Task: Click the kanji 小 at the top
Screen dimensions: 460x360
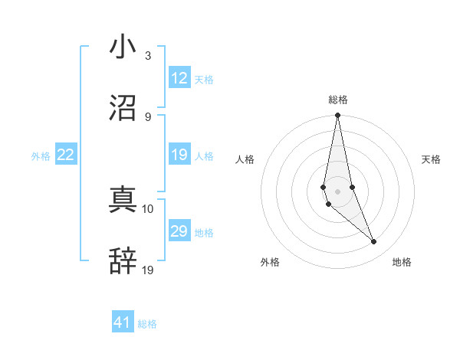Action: click(123, 47)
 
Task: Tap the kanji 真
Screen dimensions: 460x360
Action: click(123, 201)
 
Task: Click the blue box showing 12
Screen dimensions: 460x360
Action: click(179, 78)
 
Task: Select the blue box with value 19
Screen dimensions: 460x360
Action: click(179, 155)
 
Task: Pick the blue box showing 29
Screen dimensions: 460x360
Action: click(179, 232)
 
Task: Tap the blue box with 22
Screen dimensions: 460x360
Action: click(66, 155)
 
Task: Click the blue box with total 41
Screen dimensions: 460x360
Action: click(123, 322)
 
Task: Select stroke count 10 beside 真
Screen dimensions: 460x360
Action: click(149, 208)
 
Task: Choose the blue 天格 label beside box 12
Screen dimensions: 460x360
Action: click(204, 80)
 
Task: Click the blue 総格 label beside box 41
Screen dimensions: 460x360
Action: click(147, 324)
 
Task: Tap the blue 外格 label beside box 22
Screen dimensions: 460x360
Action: click(41, 156)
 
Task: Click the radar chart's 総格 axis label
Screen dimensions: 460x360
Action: click(338, 100)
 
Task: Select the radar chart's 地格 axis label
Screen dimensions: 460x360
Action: click(402, 263)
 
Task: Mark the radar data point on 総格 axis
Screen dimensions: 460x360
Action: click(338, 116)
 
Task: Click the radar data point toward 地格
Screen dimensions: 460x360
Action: click(374, 242)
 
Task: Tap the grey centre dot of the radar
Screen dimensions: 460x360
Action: click(338, 191)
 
